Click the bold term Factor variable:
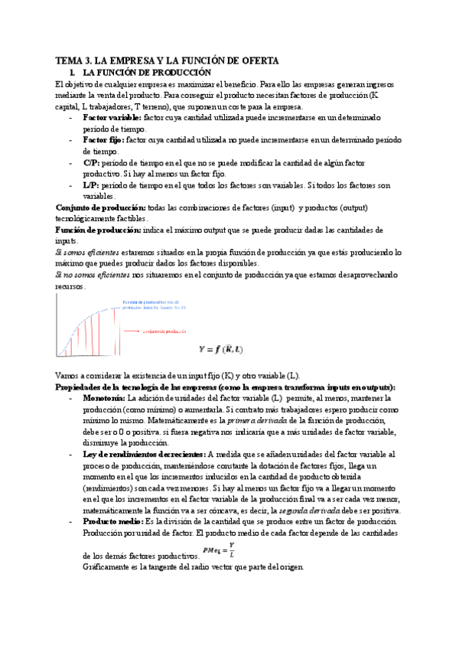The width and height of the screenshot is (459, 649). click(x=111, y=118)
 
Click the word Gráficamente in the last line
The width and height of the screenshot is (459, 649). click(x=106, y=567)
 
